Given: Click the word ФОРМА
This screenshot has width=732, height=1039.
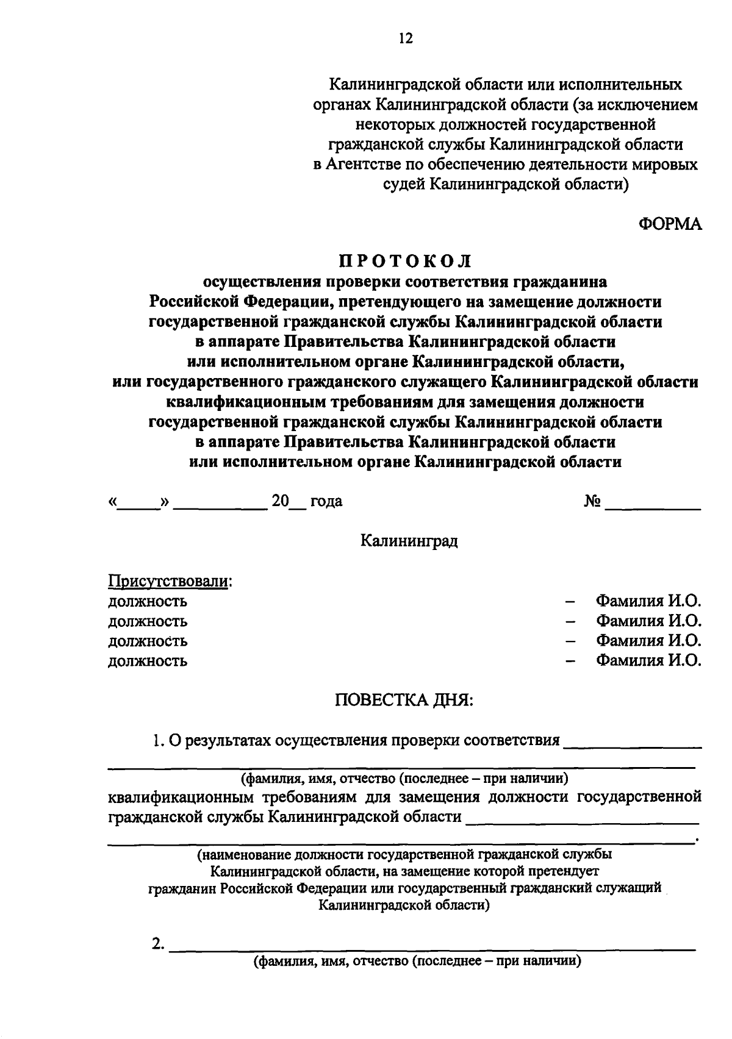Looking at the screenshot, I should coord(670,224).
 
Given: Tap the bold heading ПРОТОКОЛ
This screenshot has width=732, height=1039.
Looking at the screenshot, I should coord(406,261).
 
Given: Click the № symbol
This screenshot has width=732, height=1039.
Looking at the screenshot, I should coord(592,501).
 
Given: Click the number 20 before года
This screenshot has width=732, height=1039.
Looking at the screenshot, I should coord(280,501).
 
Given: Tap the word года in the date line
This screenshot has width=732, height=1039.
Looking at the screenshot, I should coord(326,502).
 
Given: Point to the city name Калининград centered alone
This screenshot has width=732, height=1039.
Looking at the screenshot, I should coord(409,541).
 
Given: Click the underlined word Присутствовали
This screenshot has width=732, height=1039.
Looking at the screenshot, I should coord(168,581).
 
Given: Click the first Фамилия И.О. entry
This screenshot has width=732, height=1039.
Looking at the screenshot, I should coord(648,601).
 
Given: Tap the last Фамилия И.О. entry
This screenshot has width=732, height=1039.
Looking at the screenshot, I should coord(648,660).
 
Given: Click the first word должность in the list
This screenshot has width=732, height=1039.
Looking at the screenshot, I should coord(148,602).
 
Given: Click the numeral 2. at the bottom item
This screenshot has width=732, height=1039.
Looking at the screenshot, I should coord(157,944).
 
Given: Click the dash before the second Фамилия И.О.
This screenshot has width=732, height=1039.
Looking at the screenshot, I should coord(570,621).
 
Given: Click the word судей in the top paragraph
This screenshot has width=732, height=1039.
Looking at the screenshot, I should coord(401,184).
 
